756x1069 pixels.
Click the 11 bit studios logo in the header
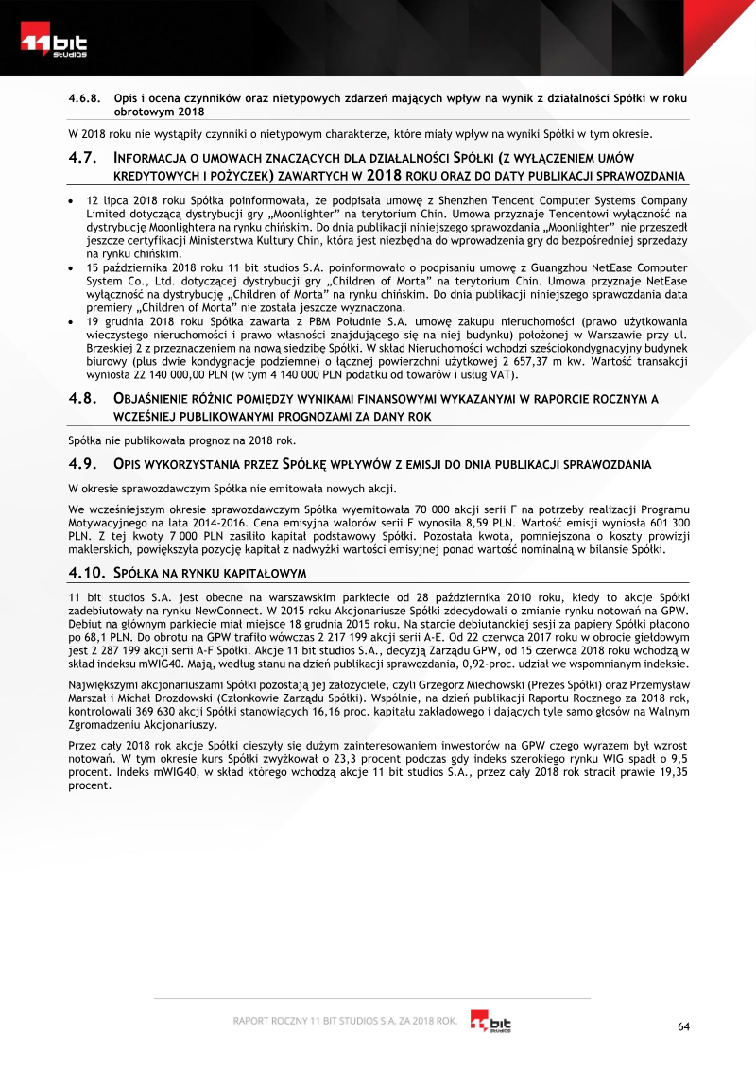pos(55,43)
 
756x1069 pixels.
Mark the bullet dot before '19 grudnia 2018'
pos(73,321)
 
